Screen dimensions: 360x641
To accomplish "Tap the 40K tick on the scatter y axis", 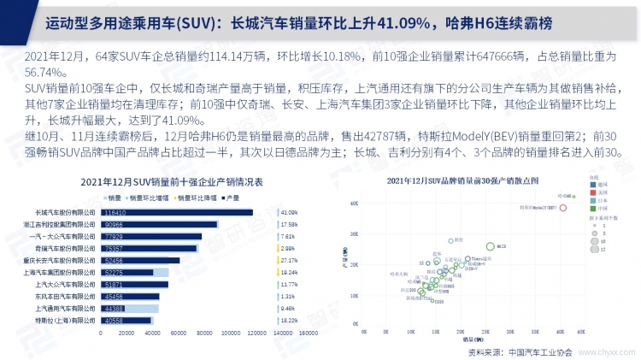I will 353,204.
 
